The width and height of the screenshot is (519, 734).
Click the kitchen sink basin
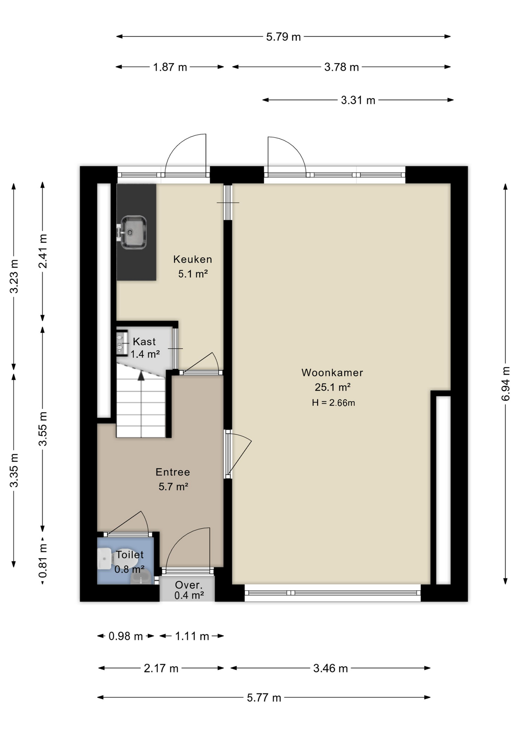[x=133, y=232]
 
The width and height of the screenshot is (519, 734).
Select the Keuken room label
[x=193, y=259]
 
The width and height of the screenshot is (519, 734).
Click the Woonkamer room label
[x=332, y=372]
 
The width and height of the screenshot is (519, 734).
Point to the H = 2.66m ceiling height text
[x=333, y=403]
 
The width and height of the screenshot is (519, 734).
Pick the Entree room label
[x=173, y=472]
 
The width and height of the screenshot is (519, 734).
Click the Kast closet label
[x=144, y=341]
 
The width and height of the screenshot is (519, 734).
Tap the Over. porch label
[x=189, y=585]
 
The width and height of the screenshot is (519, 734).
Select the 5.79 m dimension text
[x=284, y=37]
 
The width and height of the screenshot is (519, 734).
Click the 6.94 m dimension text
[x=506, y=383]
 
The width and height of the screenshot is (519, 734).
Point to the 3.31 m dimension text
[x=358, y=101]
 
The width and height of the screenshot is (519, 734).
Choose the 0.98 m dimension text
[x=126, y=636]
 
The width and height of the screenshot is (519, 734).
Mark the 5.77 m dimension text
[x=264, y=698]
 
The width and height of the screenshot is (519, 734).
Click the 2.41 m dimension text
[x=43, y=251]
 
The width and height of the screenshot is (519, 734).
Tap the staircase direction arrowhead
[x=141, y=375]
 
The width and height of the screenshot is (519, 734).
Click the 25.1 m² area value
[x=332, y=387]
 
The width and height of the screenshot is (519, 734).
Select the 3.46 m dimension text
[x=331, y=668]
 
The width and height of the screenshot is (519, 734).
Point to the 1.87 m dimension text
[x=170, y=67]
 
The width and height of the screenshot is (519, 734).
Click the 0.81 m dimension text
[x=43, y=561]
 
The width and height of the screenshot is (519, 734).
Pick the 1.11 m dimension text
[x=192, y=636]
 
